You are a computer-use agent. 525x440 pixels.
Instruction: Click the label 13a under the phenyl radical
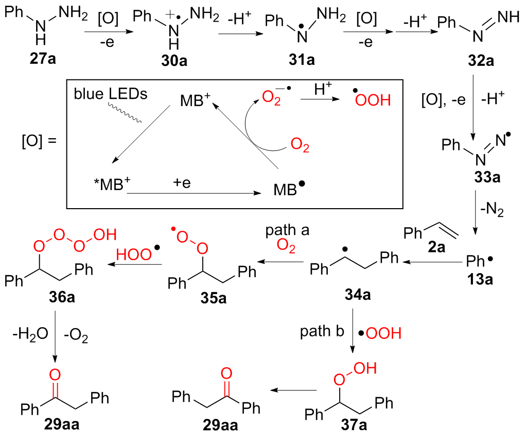pos(482,280)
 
